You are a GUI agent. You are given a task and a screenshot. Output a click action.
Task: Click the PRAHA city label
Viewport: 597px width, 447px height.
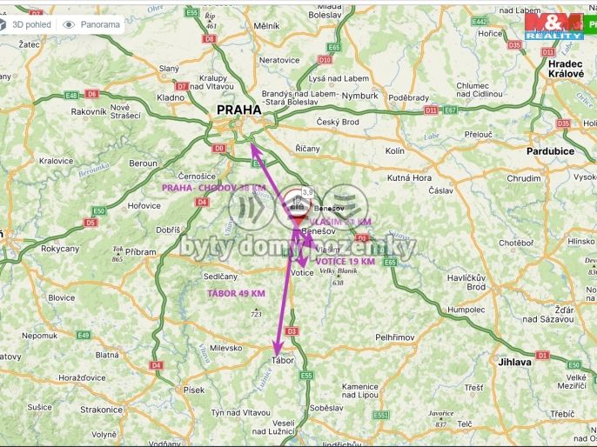click(x=238, y=110)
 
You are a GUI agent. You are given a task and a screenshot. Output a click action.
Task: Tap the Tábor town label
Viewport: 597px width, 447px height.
click(x=283, y=359)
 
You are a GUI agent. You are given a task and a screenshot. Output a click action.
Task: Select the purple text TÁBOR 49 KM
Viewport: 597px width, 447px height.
click(x=236, y=293)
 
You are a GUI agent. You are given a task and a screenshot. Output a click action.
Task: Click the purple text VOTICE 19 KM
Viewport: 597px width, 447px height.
click(x=345, y=261)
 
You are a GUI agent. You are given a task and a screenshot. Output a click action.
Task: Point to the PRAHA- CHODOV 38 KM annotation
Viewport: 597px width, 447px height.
click(x=214, y=188)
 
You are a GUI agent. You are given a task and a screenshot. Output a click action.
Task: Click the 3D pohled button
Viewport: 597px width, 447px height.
click(x=26, y=24)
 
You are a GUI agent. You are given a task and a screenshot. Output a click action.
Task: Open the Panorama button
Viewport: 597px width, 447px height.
click(x=91, y=24)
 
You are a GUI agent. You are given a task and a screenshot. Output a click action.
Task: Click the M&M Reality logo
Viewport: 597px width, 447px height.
click(x=554, y=26)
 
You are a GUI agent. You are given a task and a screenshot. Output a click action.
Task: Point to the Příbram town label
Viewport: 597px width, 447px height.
click(x=140, y=251)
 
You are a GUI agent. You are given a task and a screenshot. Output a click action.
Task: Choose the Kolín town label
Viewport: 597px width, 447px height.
click(x=394, y=150)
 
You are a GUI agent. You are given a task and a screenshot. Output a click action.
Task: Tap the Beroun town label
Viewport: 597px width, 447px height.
click(x=143, y=163)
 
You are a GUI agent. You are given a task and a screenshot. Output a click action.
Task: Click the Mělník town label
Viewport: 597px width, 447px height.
click(x=266, y=27)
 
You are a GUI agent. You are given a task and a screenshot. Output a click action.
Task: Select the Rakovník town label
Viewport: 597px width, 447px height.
click(x=88, y=111)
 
